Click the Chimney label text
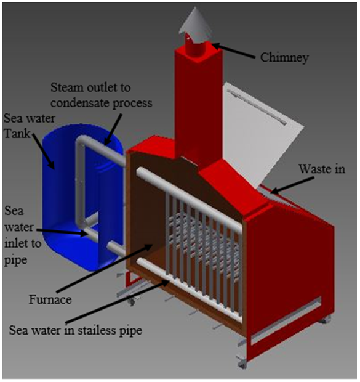(284, 58)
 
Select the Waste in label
(322, 169)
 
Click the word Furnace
(50, 299)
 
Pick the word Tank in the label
(17, 134)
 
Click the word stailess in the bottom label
(93, 330)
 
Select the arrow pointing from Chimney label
(234, 51)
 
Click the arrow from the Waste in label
(292, 185)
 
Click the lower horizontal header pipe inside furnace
(190, 290)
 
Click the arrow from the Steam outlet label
(113, 129)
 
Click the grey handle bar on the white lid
(257, 107)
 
